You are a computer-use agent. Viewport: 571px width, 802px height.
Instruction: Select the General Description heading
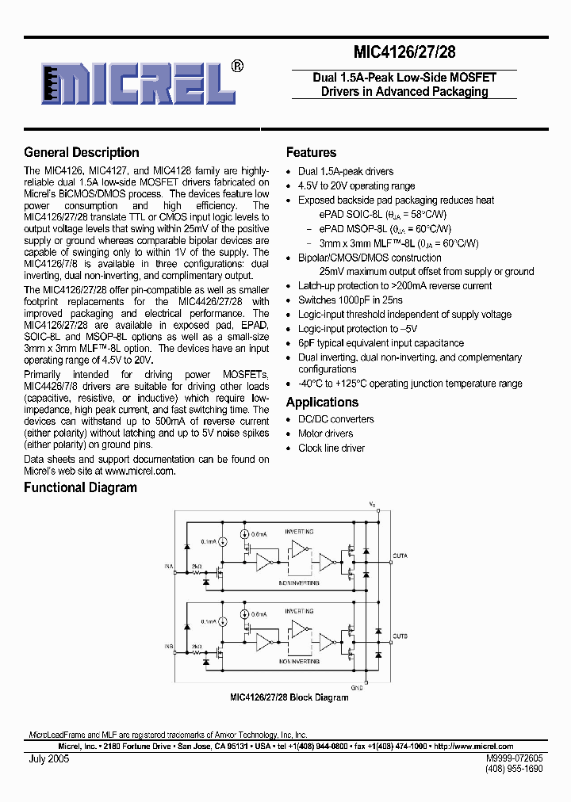coord(81,152)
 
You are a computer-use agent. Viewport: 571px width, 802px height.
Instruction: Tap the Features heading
coord(311,152)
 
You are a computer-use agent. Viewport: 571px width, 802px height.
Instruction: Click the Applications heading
coord(322,402)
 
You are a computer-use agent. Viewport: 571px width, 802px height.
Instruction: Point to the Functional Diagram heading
coord(80,487)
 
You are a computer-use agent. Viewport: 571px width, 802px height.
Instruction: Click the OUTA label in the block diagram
coord(400,556)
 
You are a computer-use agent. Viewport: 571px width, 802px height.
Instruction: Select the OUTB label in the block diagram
coord(400,636)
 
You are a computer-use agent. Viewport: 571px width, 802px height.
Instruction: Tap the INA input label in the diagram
coord(169,566)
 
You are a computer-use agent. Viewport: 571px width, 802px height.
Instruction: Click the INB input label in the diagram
coord(169,647)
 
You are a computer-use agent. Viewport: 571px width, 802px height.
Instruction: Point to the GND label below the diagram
coord(357,687)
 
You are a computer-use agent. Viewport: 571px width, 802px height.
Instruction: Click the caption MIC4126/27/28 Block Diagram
coord(289,697)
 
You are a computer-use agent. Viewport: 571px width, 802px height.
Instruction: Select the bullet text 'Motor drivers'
coord(325,433)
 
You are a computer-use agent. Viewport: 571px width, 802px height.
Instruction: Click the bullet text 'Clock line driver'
coord(331,448)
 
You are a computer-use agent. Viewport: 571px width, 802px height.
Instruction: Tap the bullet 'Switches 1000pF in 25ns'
coord(350,300)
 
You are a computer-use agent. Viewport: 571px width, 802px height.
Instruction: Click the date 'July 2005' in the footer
coord(46,758)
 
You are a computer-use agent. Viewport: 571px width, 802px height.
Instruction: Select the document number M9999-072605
coord(513,758)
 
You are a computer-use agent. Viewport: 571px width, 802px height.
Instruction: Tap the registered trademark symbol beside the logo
coord(236,67)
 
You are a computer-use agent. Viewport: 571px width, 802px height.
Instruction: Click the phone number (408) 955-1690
coord(513,769)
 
